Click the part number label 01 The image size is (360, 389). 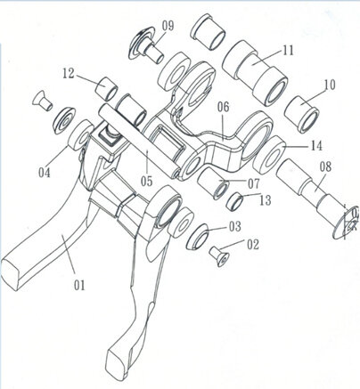(x=79, y=285)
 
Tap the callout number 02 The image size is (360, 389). (x=253, y=245)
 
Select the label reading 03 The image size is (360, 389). (x=234, y=226)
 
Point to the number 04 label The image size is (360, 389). (x=45, y=173)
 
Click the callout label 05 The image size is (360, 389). (x=146, y=181)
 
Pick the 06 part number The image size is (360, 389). (x=224, y=107)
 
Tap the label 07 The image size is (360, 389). (x=254, y=184)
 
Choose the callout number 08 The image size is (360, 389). (x=325, y=166)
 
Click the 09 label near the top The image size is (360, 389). (x=168, y=26)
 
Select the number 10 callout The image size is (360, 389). (x=330, y=85)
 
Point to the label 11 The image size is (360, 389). (x=288, y=51)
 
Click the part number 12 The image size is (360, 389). (x=69, y=74)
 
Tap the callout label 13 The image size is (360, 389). (x=266, y=201)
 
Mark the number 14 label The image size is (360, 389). (x=316, y=146)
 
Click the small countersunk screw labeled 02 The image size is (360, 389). (x=219, y=256)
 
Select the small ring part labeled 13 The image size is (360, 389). (x=234, y=201)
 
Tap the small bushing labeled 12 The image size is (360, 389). (x=107, y=88)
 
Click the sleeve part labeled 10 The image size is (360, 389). (x=301, y=114)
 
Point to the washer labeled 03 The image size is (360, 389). (x=198, y=237)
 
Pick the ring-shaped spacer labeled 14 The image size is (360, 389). (x=269, y=155)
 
